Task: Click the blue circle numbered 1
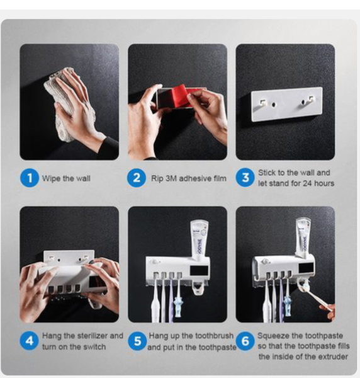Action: [29, 178]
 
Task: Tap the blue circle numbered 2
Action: [137, 178]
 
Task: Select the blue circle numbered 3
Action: [245, 178]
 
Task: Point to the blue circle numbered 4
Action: [29, 341]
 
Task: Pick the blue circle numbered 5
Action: [137, 341]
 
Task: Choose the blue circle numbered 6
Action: [245, 341]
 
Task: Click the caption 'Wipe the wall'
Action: [66, 178]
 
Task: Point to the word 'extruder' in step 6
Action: [331, 357]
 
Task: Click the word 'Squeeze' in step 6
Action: [273, 336]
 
